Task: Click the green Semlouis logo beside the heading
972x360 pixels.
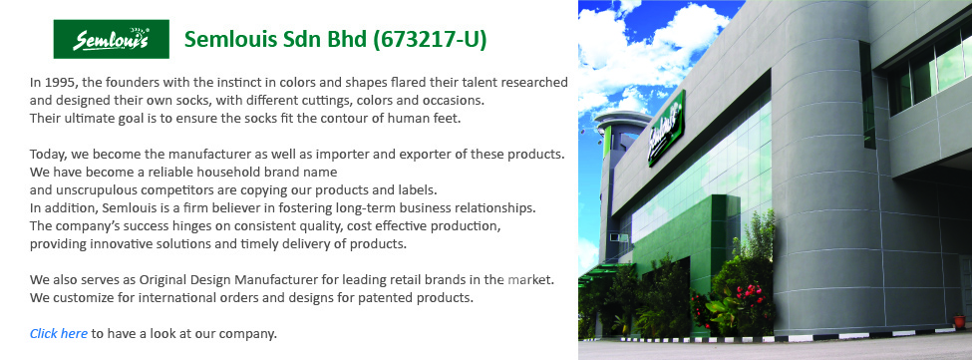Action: tap(112, 39)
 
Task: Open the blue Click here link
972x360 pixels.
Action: tap(58, 333)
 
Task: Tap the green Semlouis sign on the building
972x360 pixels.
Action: tap(666, 129)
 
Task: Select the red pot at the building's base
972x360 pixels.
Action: tap(959, 321)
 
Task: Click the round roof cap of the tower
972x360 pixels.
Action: tap(622, 119)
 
